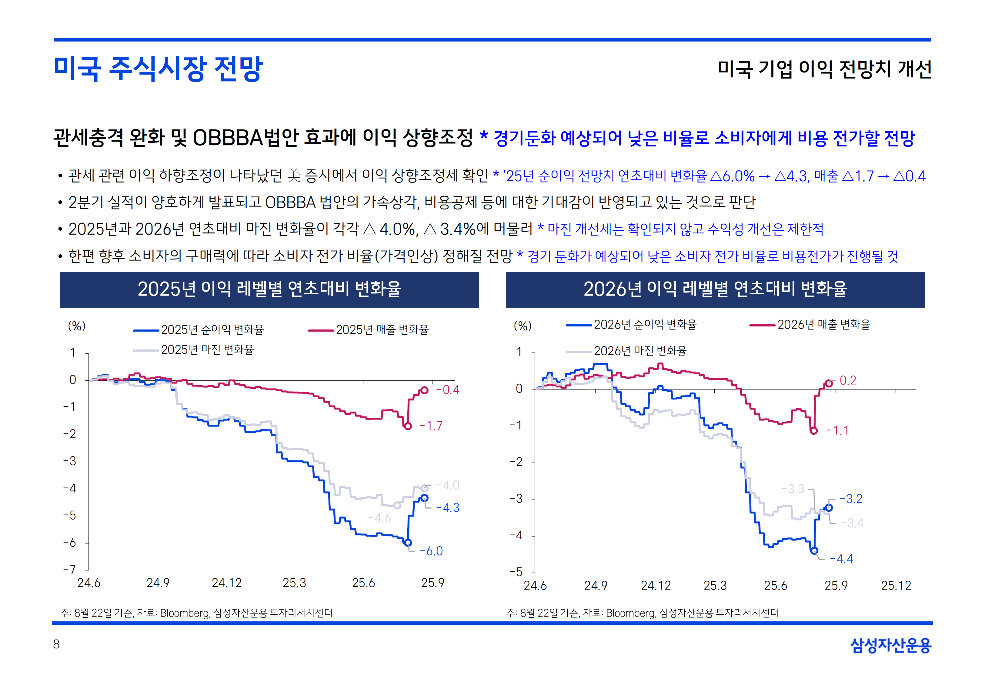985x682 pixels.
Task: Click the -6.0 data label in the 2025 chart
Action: coord(431,551)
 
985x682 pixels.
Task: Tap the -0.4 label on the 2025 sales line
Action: coord(448,390)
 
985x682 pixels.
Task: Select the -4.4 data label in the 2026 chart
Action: coord(841,559)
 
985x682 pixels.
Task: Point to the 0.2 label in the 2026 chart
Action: coord(848,380)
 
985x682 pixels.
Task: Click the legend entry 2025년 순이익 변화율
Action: coord(212,329)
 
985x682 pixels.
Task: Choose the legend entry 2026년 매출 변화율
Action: coord(823,325)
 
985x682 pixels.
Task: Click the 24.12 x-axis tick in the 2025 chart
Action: coord(226,583)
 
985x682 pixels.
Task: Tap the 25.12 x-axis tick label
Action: coord(896,585)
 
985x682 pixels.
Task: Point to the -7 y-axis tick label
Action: coord(70,569)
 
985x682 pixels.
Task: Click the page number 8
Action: coord(56,644)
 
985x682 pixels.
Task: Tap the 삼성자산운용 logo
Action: coord(891,645)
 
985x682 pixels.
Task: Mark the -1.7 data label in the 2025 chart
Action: coord(431,426)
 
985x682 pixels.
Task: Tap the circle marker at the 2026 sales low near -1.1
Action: coord(814,431)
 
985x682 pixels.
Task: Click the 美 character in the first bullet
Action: coord(294,176)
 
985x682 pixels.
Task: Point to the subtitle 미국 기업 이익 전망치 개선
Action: coord(824,69)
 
